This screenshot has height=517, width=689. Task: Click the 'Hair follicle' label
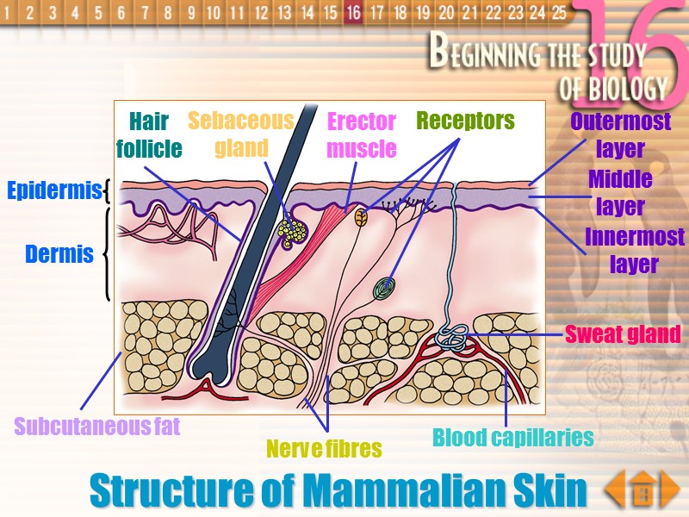pos(149,134)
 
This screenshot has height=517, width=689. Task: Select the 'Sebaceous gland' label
pos(241,134)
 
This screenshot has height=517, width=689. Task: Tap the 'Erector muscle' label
pos(362,135)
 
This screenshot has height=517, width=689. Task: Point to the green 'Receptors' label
pos(465,121)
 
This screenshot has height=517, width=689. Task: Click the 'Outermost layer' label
pos(620,134)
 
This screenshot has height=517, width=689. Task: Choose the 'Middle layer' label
pos(620,193)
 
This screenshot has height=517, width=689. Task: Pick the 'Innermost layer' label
pos(622,250)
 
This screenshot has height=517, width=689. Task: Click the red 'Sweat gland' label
pos(623,333)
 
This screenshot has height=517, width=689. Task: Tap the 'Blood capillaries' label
pos(513,437)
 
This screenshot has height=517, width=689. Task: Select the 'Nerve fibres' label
pos(324,449)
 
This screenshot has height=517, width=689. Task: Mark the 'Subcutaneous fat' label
pos(97,426)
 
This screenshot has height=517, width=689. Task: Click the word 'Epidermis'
pos(54,190)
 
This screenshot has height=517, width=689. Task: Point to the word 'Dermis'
pos(59,254)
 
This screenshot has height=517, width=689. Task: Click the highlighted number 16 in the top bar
pos(352,13)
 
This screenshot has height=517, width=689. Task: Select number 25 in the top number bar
pos(559,13)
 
